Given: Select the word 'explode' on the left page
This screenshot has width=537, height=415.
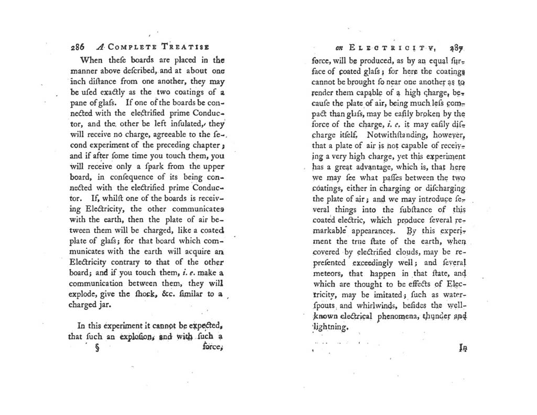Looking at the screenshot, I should coord(83,293).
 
